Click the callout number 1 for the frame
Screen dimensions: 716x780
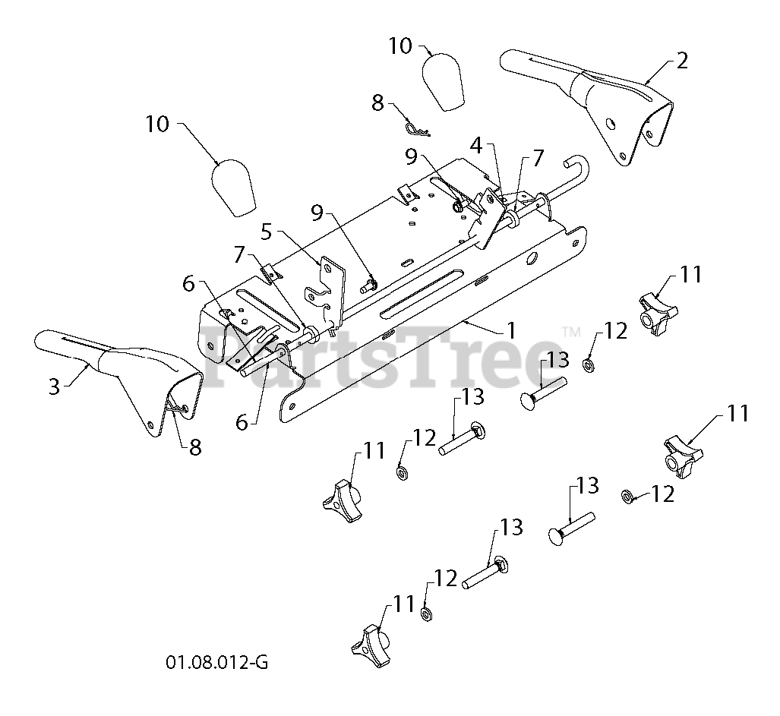click(512, 330)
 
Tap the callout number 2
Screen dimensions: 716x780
click(682, 61)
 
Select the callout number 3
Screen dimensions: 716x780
click(54, 386)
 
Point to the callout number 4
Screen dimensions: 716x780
click(475, 144)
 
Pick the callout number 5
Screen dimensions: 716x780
click(267, 229)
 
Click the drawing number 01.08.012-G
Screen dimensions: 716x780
click(216, 663)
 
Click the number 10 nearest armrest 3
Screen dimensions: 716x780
click(157, 124)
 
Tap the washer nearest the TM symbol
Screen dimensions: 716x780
click(588, 365)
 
